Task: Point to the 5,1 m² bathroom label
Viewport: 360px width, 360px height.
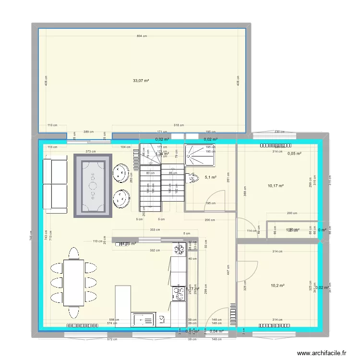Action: pos(210,177)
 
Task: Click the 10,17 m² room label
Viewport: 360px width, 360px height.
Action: pos(276,186)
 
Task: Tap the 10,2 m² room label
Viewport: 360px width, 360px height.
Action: pos(277,286)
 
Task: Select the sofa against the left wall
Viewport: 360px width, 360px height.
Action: pos(55,185)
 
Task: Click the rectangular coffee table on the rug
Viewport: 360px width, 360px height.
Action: pos(93,185)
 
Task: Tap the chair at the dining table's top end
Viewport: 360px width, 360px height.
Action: pos(73,253)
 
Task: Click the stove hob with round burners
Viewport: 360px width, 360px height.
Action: pos(180,293)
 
